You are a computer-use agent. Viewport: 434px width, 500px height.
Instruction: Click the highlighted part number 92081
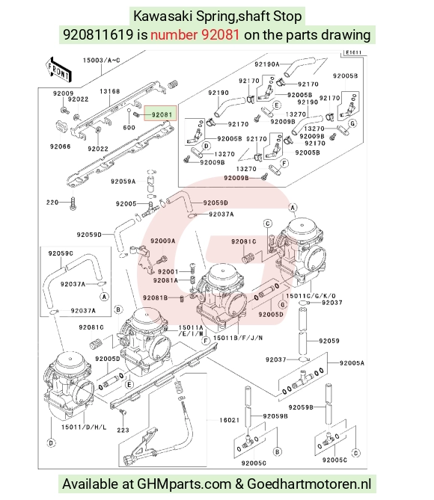162,114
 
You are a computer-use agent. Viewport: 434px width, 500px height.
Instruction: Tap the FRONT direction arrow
58,70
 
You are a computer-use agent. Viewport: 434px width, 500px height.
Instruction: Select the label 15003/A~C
101,60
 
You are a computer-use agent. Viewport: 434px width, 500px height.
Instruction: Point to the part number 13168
109,91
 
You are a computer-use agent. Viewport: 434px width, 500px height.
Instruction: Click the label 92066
61,146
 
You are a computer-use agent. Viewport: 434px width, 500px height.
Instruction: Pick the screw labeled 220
73,204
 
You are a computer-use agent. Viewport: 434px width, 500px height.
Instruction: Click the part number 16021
229,420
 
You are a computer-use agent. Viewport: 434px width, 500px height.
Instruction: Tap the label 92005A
352,363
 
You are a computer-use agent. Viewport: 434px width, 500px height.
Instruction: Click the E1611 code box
353,52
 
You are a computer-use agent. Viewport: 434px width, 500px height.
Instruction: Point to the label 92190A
266,64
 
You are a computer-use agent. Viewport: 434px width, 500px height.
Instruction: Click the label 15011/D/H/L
84,427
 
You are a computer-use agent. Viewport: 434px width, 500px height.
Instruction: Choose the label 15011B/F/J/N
238,338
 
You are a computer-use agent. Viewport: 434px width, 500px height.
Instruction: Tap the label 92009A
162,241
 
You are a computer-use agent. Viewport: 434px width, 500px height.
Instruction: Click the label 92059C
61,253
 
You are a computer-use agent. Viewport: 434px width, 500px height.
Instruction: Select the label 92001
168,272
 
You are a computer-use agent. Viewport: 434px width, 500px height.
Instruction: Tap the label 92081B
155,297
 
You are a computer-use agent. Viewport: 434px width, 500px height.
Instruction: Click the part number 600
129,128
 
